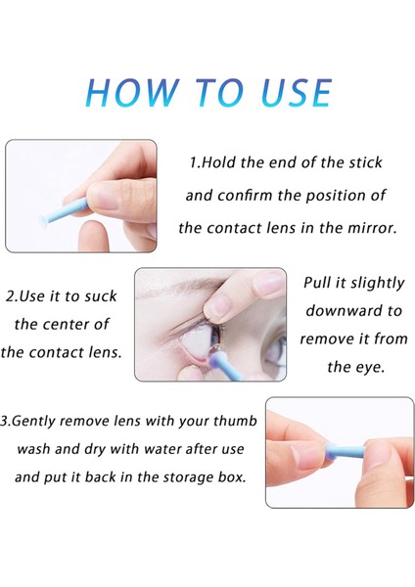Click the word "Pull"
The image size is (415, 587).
322,283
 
